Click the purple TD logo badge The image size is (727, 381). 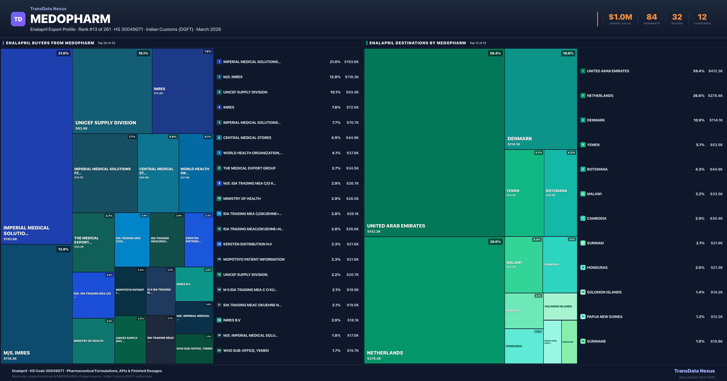click(x=18, y=19)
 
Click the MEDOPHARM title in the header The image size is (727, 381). click(x=70, y=19)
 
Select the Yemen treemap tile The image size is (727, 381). click(x=524, y=193)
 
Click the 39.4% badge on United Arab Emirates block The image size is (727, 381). click(x=495, y=53)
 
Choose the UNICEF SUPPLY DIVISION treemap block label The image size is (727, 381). click(x=106, y=123)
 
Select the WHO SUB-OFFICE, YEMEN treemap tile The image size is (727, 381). click(x=194, y=349)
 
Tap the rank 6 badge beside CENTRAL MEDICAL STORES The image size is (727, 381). click(x=219, y=138)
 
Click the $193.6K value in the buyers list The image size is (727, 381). click(x=351, y=62)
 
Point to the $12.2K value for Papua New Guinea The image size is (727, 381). click(x=716, y=317)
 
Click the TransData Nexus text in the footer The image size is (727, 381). click(x=694, y=371)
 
